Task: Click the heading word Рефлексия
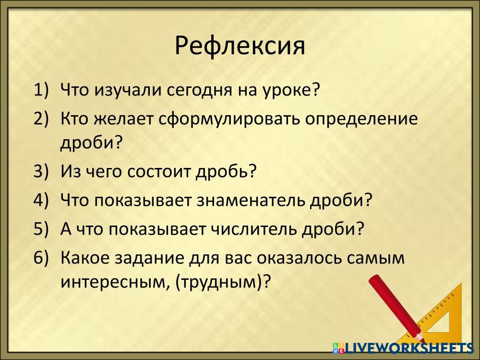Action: click(240, 46)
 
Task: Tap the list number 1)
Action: click(41, 90)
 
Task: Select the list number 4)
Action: click(41, 200)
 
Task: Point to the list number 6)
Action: click(41, 257)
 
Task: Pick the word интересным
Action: click(114, 282)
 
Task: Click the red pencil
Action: click(397, 309)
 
